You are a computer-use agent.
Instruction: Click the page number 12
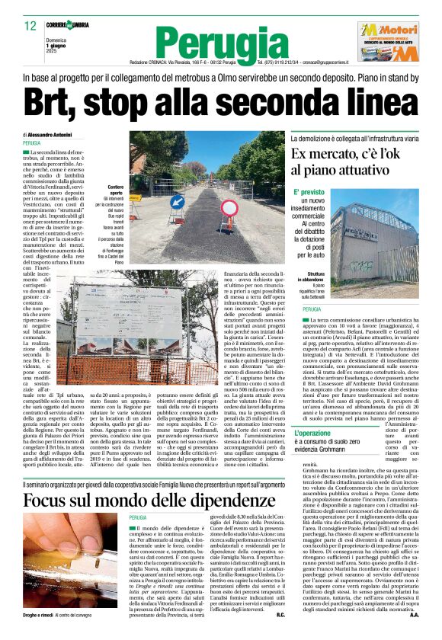tap(30, 26)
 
